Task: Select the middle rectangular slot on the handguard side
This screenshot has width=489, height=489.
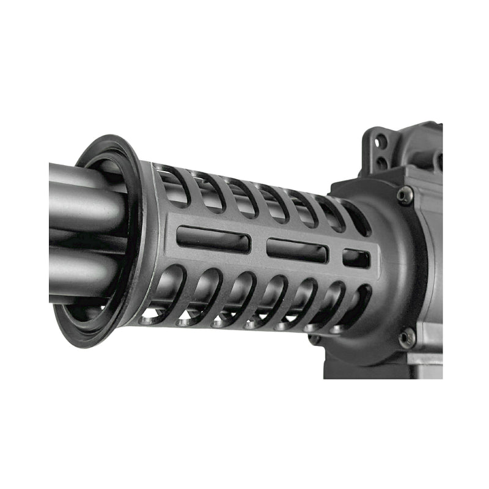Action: tap(298, 250)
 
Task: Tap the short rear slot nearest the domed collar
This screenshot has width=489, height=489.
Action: tap(356, 258)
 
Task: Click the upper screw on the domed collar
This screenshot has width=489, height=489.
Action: tap(403, 196)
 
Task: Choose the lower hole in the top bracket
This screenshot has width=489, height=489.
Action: tap(383, 162)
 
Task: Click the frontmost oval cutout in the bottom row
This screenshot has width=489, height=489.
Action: tap(167, 295)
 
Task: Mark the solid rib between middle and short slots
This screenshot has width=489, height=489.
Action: tap(336, 254)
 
